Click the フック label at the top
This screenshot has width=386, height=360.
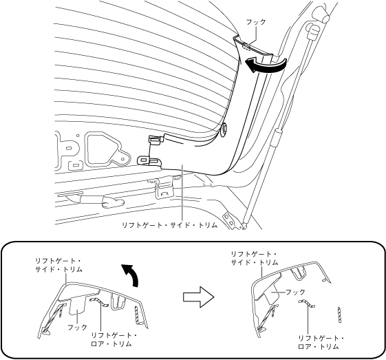pos(256,22)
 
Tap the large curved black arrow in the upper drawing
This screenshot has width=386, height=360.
pos(266,65)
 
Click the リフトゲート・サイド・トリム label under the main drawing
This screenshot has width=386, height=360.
pos(170,225)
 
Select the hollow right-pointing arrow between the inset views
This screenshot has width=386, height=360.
pos(198,297)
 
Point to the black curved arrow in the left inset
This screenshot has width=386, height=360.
pos(131,275)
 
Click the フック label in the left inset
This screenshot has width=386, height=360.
pos(77,327)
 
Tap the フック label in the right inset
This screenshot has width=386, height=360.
pos(295,292)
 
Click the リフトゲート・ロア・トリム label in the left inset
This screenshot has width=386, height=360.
pos(114,339)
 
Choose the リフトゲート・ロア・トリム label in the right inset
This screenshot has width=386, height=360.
pos(321,342)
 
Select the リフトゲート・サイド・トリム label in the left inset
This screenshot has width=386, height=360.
pos(58,265)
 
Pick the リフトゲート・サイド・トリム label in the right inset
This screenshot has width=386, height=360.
pos(255,258)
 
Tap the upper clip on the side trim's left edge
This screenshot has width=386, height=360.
pos(156,140)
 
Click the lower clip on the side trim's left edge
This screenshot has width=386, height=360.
pos(149,160)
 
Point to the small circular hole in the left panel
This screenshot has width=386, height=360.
pos(78,135)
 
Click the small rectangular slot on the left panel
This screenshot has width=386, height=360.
pos(75,165)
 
